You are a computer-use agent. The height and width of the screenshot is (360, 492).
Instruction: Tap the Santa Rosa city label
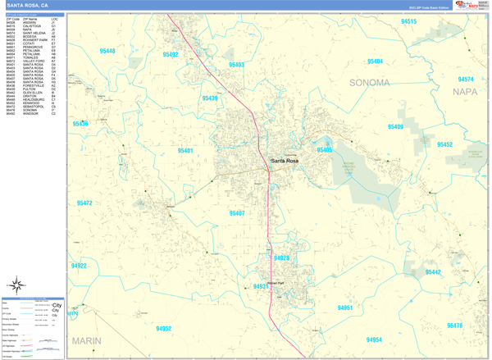pos(286,160)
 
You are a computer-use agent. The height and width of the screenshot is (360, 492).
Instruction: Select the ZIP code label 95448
pos(107,51)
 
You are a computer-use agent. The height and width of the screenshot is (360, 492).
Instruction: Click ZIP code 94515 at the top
pos(408,21)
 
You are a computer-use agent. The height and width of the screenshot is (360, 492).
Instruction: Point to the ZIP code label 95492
pos(171,54)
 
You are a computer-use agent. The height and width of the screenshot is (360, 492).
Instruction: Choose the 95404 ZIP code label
pos(375,62)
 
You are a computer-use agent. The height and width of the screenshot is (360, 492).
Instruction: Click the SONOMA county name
pos(370,83)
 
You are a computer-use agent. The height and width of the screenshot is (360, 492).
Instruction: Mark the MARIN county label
pos(86,339)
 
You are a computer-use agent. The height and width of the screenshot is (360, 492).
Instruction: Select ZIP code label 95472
pos(84,203)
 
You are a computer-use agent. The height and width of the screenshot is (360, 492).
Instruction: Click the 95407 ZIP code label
pos(237,213)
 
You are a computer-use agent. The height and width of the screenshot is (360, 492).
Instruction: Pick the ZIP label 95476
pos(454,326)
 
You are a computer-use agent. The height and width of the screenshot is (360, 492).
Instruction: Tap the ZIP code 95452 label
pos(444,144)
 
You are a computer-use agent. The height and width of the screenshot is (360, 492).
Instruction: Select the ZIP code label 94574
pos(466,80)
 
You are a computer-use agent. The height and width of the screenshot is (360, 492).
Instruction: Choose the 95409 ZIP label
pos(395,127)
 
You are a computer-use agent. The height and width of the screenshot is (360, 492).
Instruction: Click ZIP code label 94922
pos(79,266)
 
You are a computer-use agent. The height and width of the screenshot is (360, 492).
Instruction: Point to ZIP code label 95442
pos(432,271)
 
